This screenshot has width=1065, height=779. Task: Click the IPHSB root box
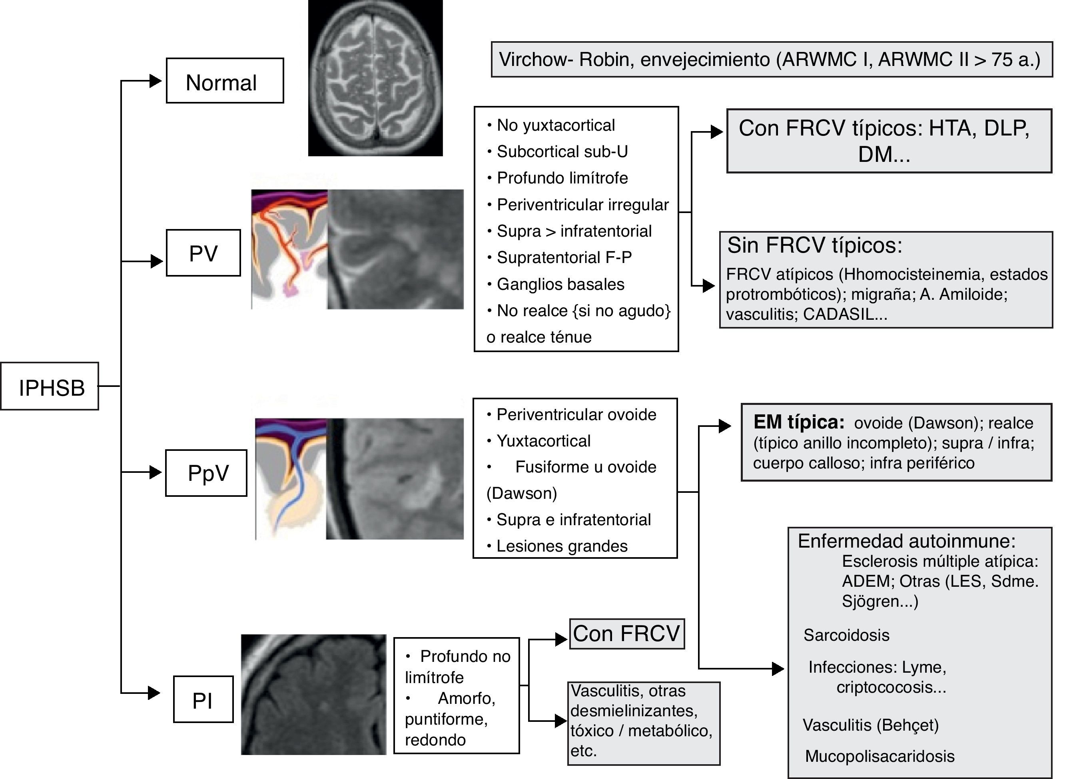(50, 387)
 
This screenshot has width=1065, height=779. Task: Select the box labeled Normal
(225, 81)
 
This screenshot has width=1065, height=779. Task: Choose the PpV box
(206, 473)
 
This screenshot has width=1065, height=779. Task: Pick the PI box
(203, 700)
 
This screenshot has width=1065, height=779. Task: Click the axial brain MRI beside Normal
(375, 78)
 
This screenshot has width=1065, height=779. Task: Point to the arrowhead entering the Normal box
(156, 81)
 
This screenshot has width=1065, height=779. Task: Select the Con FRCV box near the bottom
(627, 634)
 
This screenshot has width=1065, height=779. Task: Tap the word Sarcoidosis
(846, 635)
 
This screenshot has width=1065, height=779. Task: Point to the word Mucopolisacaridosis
(880, 756)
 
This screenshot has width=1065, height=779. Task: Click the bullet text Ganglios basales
(560, 284)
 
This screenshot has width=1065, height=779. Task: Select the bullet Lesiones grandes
(562, 546)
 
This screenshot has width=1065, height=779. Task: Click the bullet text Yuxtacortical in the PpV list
(543, 441)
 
